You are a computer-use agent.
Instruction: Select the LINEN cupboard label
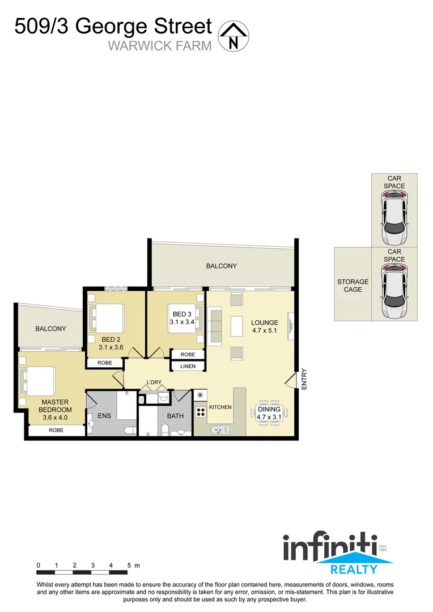(x=188, y=366)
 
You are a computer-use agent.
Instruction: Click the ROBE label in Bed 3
(x=188, y=354)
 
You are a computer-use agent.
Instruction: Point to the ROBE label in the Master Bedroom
(x=56, y=430)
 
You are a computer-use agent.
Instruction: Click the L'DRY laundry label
(x=154, y=382)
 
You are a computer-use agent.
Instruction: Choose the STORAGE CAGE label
(x=353, y=286)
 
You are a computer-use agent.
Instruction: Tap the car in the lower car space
(x=394, y=291)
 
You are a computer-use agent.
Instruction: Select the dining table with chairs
(x=269, y=417)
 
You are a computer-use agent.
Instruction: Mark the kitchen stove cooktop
(x=201, y=411)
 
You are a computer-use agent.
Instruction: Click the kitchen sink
(x=217, y=431)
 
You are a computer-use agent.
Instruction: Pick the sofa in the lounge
(x=216, y=326)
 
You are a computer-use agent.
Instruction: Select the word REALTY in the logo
(x=354, y=569)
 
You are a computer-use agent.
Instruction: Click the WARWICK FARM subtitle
(x=159, y=45)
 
